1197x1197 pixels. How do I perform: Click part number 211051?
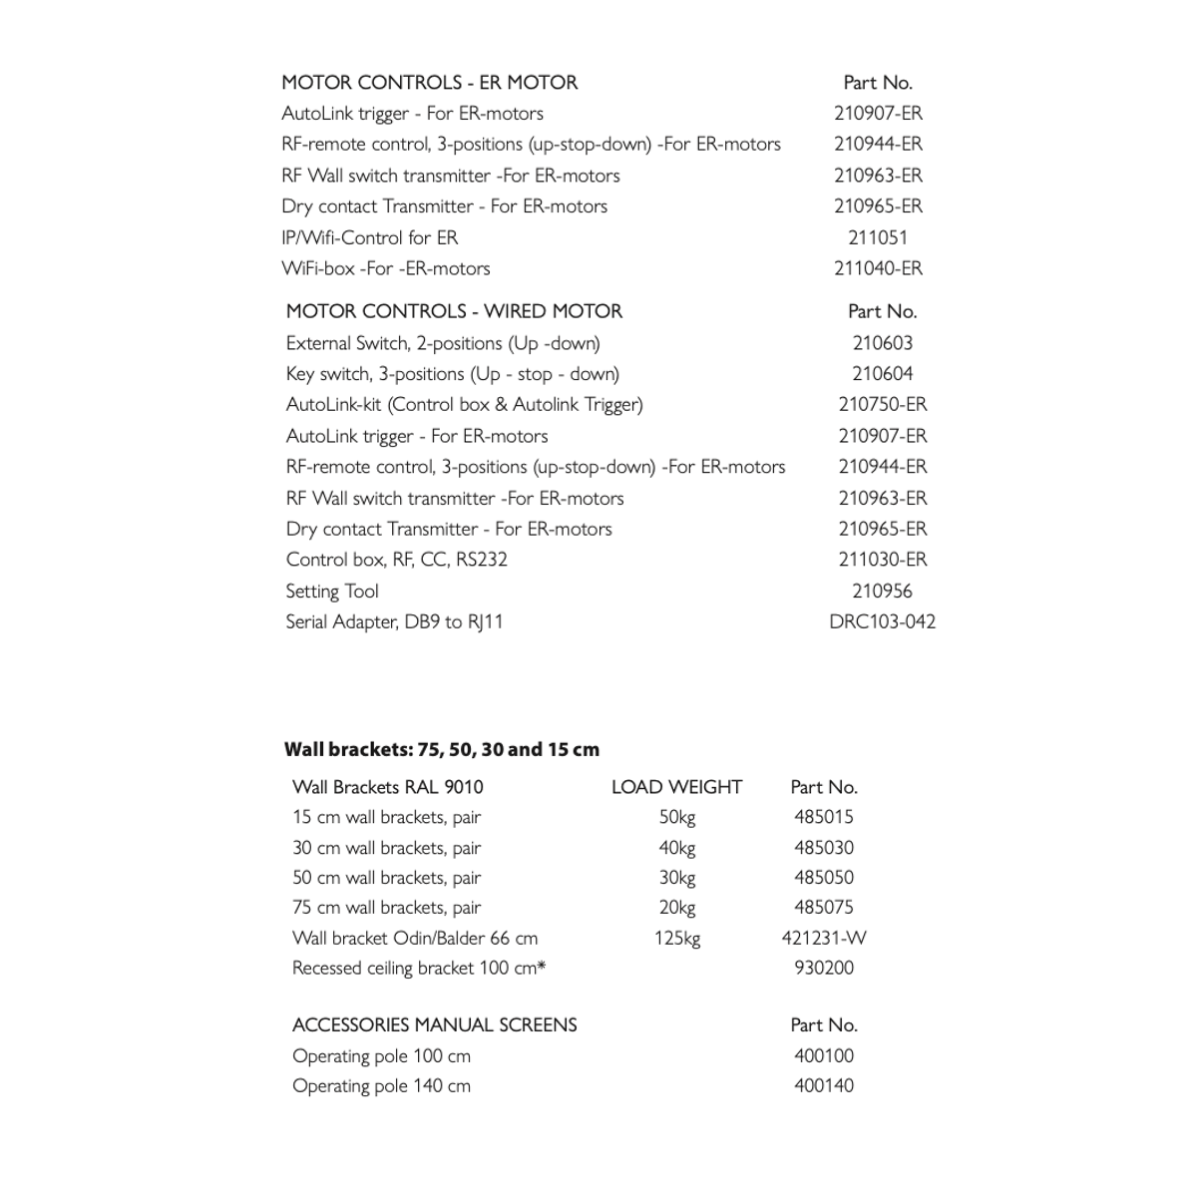click(878, 237)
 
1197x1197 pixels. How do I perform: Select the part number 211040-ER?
click(878, 268)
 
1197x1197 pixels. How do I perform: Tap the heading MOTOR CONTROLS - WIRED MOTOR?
click(454, 311)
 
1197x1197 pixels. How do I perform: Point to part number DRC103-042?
click(882, 621)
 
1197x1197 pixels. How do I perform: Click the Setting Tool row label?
click(332, 591)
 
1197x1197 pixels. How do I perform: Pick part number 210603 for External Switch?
click(882, 343)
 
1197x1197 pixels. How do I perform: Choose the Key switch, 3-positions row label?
click(452, 374)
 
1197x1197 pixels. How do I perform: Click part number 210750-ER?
click(882, 404)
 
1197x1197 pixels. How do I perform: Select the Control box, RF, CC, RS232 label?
click(396, 560)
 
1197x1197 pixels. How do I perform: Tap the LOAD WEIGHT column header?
click(676, 787)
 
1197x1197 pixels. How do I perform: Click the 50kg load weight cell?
click(676, 817)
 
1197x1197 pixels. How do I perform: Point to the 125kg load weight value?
click(676, 938)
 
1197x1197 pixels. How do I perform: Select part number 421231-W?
click(824, 938)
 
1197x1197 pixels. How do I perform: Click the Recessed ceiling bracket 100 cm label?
click(419, 968)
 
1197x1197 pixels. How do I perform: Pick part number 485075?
click(824, 908)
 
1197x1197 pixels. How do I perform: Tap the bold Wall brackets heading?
click(442, 749)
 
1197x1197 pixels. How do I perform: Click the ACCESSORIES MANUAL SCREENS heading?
click(434, 1024)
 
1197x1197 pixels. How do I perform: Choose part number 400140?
click(824, 1085)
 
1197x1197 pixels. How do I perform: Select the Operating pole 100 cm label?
click(381, 1055)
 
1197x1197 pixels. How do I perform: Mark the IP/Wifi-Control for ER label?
click(369, 237)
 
